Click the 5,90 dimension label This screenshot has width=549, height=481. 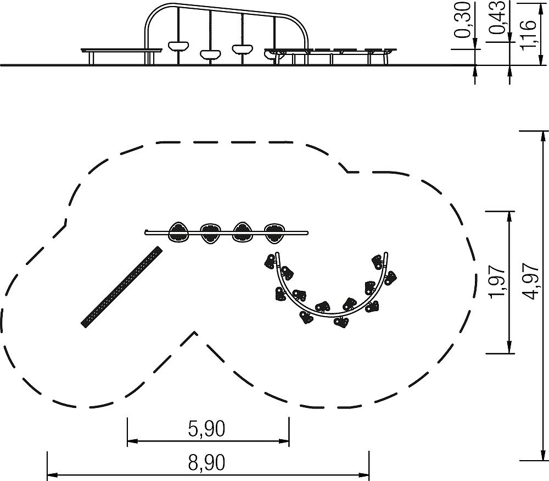(x=206, y=429)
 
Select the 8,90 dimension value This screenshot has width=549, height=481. (x=206, y=463)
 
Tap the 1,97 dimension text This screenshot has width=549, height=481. (x=497, y=282)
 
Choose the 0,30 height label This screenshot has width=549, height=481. (x=462, y=20)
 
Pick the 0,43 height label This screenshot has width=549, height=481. (x=497, y=17)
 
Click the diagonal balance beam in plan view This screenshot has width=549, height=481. (x=122, y=287)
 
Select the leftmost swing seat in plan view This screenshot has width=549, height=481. (x=180, y=232)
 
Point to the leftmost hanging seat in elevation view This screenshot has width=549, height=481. (x=178, y=46)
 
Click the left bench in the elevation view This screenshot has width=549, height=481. (x=121, y=56)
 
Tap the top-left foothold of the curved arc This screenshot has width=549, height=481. (x=270, y=262)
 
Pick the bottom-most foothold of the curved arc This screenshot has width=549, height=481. (x=341, y=322)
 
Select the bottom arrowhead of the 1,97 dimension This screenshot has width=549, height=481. (x=509, y=348)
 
